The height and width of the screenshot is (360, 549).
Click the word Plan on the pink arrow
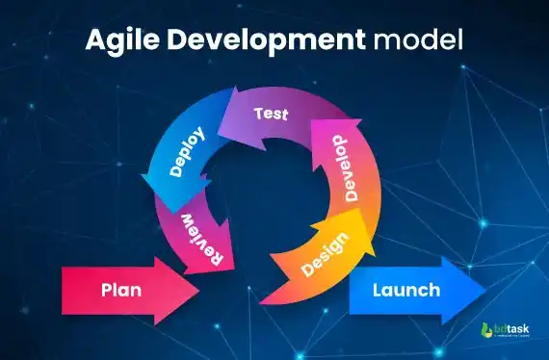tap(121, 290)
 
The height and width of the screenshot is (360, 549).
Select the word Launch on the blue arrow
tap(406, 289)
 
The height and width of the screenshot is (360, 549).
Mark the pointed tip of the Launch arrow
tap(485, 289)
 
